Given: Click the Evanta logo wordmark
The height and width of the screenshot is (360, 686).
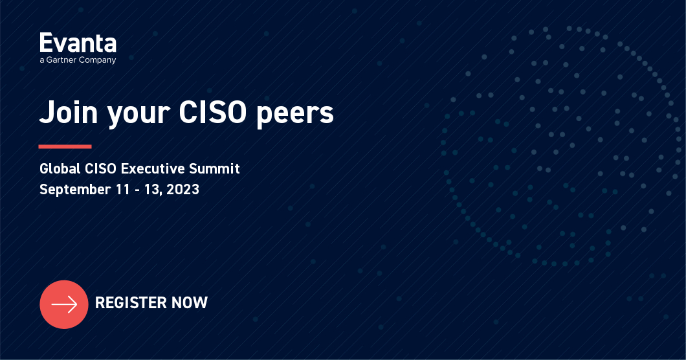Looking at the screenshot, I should coord(78,43).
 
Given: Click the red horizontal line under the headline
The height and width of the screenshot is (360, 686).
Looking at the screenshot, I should coord(65,146).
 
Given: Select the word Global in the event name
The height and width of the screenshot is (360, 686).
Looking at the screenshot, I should coord(60,169).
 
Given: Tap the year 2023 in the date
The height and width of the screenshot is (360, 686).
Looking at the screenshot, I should coord(182,190).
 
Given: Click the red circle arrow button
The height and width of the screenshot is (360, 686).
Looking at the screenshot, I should coord(63,304).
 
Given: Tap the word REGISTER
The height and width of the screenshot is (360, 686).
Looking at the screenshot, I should coord(129,302).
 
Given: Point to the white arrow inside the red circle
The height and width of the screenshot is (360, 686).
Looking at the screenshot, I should coord(64,304).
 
